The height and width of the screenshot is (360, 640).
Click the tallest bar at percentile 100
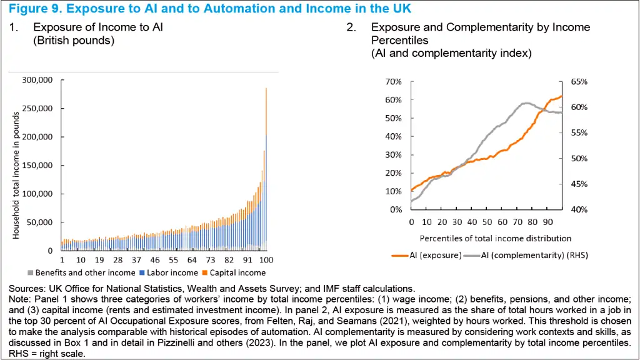click(266, 169)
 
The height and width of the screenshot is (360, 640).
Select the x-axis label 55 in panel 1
click(174, 259)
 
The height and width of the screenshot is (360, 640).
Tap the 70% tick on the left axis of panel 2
click(392, 82)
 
